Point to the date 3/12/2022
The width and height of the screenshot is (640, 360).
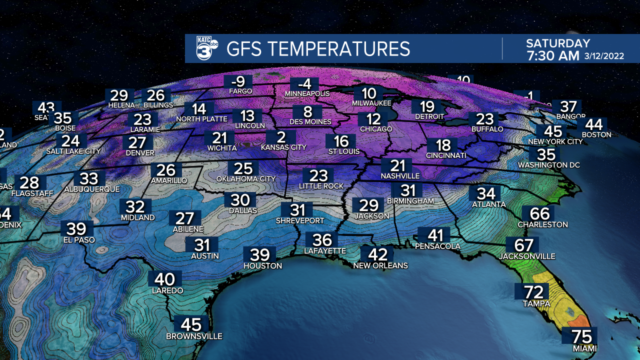click(604, 56)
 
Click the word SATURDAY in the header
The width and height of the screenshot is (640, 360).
click(558, 43)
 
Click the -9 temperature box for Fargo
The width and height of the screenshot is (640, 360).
click(240, 81)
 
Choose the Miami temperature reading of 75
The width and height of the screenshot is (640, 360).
click(579, 336)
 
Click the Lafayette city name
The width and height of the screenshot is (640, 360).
click(325, 251)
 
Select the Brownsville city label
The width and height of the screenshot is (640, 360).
click(194, 336)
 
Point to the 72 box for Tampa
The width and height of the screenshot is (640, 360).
click(533, 292)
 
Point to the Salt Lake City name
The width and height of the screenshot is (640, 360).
click(73, 151)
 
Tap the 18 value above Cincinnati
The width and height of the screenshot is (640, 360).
click(443, 145)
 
